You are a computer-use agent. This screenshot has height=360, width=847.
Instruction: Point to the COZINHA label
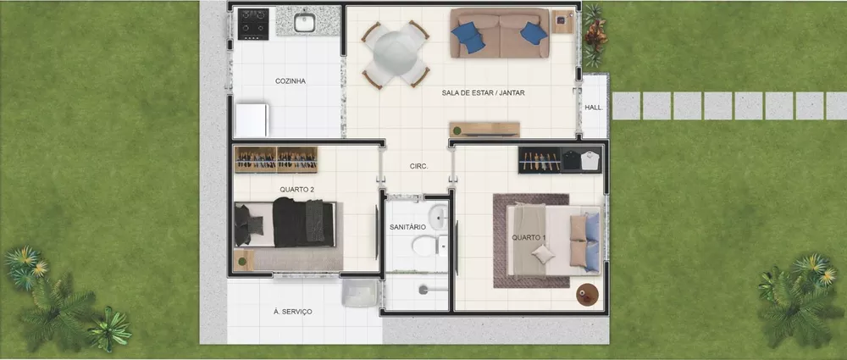290,81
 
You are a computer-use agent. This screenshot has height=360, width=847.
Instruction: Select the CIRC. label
418,167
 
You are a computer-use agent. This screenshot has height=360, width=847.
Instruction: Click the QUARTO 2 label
296,190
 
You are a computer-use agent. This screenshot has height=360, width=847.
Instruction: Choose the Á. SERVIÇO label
293,312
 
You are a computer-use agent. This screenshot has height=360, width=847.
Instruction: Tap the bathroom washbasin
437,217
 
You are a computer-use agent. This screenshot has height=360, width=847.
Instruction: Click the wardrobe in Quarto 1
560,158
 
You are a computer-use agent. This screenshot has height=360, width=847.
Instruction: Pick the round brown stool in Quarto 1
587,294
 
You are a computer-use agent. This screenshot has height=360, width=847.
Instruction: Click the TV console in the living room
484,130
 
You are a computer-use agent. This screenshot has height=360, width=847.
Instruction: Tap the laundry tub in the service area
358,293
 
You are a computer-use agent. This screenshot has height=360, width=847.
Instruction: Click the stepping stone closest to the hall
626,106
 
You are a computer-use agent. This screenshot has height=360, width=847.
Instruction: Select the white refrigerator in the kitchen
252,119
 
